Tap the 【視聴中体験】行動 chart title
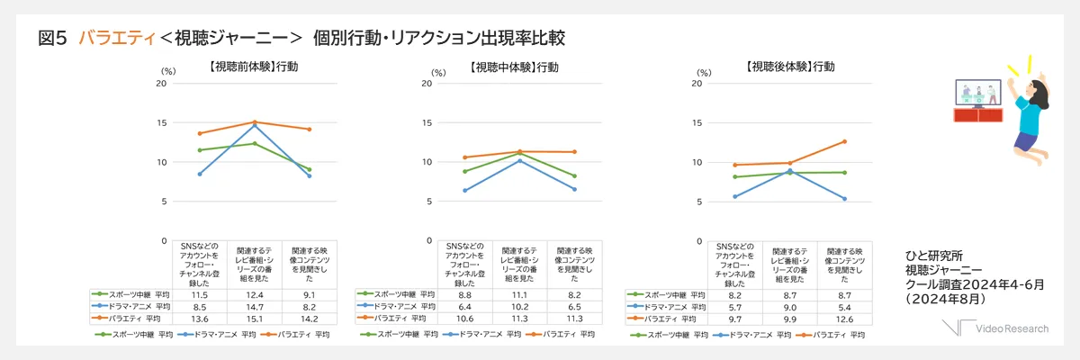coord(513,67)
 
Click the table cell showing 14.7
coord(255,306)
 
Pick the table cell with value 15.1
coord(255,318)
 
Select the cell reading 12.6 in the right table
coord(842,319)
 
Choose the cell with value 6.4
coord(464,306)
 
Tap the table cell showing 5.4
coord(842,307)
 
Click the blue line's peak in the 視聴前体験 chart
coord(255,125)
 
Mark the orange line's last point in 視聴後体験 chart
coord(844,141)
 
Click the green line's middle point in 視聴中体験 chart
coord(519,153)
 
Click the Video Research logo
coord(995,329)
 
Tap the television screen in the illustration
coord(977,94)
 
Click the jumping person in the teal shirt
coord(1031,115)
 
